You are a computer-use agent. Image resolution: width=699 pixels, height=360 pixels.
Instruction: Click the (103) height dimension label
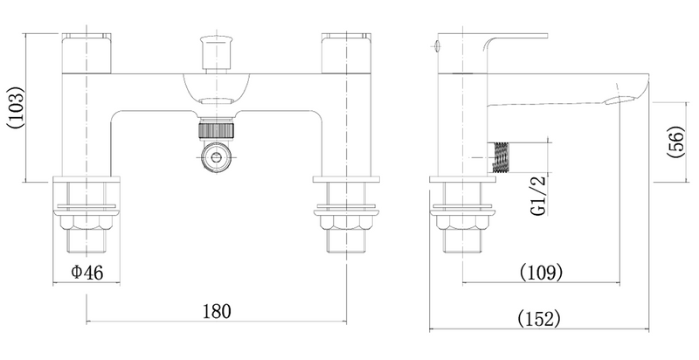[16, 107]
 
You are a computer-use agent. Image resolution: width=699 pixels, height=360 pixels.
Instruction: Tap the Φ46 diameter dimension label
[87, 273]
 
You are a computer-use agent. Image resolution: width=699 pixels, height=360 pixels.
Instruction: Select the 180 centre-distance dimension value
[217, 311]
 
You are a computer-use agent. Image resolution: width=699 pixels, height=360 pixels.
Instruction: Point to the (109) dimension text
[541, 272]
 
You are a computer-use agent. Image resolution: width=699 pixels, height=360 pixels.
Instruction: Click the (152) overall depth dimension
[538, 319]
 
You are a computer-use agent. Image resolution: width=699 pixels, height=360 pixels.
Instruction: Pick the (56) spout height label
[675, 142]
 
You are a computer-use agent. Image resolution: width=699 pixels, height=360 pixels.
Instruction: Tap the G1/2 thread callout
[538, 195]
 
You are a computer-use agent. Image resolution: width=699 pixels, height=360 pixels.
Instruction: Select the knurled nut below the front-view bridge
[216, 129]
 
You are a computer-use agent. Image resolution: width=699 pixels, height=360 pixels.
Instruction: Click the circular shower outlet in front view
[217, 156]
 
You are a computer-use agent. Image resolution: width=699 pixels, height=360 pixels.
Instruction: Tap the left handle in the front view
[86, 53]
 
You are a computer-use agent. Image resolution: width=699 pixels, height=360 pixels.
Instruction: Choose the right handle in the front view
[346, 53]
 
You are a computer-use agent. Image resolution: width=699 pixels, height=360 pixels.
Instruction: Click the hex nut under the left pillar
[87, 220]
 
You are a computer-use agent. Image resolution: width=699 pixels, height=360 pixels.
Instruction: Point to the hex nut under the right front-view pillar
[346, 220]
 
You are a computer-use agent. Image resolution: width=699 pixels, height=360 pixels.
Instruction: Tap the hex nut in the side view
[462, 220]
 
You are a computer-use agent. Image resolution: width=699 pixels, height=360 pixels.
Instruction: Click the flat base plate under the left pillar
[87, 179]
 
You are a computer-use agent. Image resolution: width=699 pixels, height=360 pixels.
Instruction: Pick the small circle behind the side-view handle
[436, 44]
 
